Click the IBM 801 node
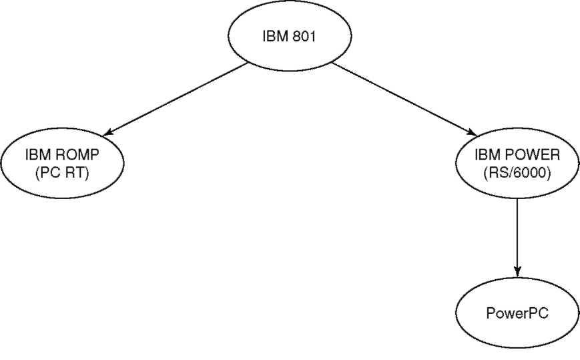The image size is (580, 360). (290, 36)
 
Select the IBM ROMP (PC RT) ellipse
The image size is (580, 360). (63, 163)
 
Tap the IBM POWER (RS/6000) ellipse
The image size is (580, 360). (517, 163)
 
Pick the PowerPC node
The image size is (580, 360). (517, 313)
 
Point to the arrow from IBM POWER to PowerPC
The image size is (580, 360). (517, 238)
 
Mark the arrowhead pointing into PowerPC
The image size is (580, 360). (517, 273)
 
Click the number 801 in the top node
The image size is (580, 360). (304, 37)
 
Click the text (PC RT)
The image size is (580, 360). (63, 173)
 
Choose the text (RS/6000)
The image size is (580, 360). (517, 173)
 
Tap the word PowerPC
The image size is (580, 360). (517, 313)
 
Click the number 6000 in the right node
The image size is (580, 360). (531, 173)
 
